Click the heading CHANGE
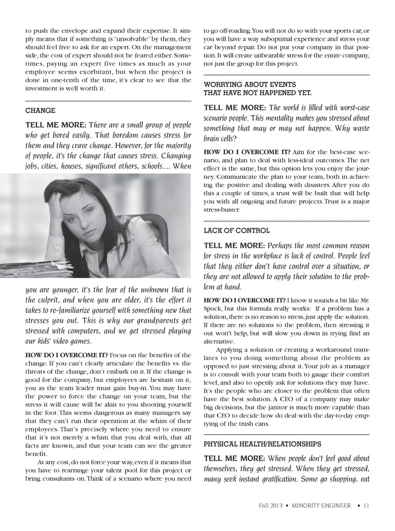(40, 111)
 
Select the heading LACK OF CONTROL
(237, 231)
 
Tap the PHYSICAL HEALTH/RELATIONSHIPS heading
(262, 444)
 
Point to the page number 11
(366, 505)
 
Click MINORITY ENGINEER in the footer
(321, 505)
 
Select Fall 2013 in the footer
(270, 505)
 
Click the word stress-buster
(222, 210)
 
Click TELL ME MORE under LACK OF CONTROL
(234, 246)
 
